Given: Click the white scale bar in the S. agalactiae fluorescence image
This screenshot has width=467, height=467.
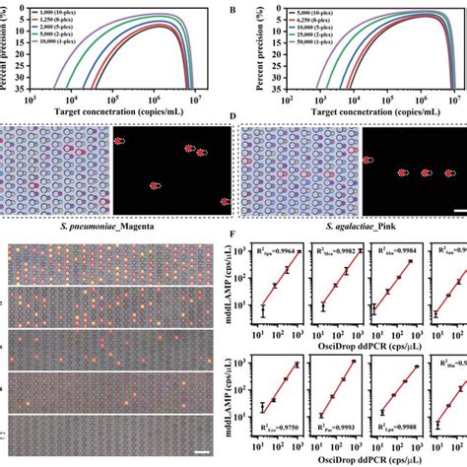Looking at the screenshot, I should [457, 211].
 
